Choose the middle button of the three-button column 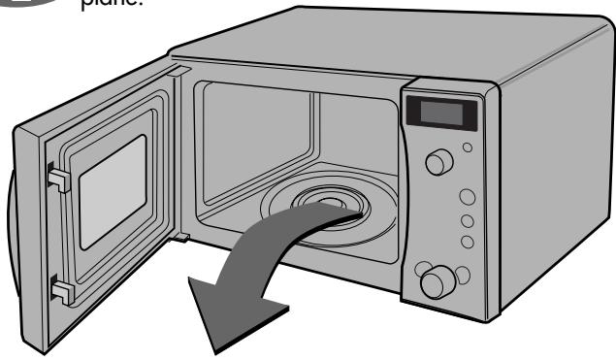466,218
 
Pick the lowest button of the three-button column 467,240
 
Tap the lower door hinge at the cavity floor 181,236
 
